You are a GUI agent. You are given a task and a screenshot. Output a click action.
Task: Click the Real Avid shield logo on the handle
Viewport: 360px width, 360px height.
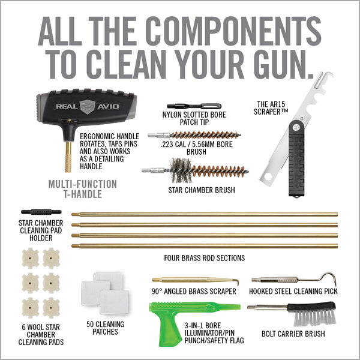[x=87, y=107]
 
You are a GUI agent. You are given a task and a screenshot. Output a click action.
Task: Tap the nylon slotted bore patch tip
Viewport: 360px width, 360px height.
[x=194, y=106]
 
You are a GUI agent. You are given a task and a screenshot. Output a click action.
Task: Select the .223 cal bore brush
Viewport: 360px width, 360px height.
[x=194, y=135]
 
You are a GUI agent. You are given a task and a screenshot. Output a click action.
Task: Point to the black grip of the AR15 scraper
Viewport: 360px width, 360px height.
[x=296, y=158]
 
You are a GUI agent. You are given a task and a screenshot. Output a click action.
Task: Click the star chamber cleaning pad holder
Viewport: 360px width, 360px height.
[x=41, y=212]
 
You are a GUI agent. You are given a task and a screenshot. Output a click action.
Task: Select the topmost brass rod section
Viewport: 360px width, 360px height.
[x=205, y=215]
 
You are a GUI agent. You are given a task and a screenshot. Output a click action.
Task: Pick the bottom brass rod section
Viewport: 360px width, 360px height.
[x=205, y=246]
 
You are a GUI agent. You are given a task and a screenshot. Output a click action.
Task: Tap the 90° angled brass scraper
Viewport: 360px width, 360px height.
[x=196, y=281]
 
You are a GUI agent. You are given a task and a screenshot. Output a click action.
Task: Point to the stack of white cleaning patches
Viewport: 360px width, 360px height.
[x=105, y=293]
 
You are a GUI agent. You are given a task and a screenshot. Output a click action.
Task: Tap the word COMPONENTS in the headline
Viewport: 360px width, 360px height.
[x=233, y=31]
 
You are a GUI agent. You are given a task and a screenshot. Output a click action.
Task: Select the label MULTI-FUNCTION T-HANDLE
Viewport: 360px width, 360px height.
[x=83, y=189]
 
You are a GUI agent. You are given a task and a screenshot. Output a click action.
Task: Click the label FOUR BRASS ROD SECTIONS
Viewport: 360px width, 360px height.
[x=205, y=258]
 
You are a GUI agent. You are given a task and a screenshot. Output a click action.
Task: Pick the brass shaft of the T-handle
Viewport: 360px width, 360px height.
[x=68, y=157]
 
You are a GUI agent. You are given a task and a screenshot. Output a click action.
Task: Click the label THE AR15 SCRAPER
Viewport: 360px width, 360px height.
[x=271, y=108]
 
